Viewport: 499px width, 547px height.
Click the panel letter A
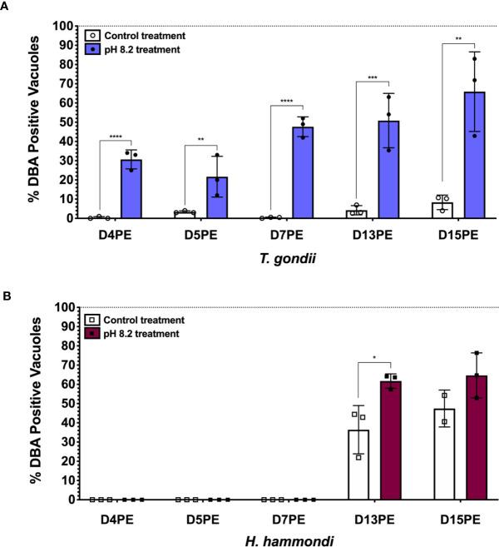6,7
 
